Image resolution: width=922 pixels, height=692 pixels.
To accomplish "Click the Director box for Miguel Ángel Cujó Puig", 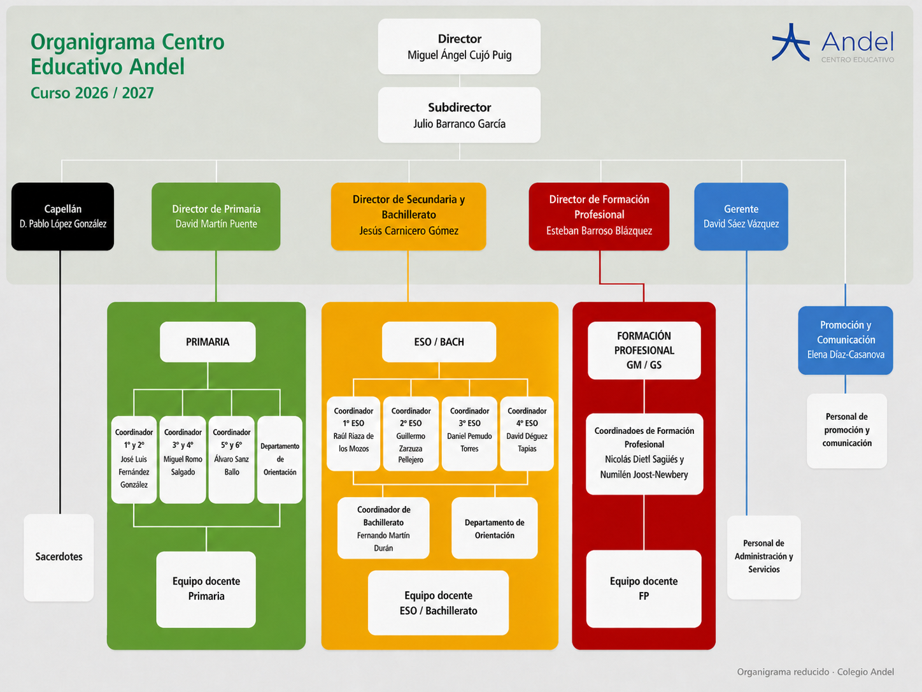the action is [x=459, y=47].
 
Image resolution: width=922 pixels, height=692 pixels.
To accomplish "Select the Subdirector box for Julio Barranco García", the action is [x=459, y=115].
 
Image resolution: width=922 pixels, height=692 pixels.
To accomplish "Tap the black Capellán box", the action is [x=62, y=217].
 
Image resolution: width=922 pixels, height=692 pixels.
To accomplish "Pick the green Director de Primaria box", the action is [x=216, y=217].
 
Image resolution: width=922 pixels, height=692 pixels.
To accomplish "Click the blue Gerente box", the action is [x=741, y=217].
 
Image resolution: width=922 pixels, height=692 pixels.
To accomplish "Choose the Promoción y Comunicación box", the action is [x=846, y=340].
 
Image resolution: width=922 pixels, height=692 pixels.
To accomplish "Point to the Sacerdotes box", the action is [x=59, y=558].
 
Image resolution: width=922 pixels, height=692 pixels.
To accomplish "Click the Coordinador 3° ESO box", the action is [x=469, y=433].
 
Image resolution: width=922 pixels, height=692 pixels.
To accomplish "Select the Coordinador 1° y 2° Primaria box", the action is [x=134, y=459].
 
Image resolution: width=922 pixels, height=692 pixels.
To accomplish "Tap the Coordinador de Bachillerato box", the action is [x=383, y=528].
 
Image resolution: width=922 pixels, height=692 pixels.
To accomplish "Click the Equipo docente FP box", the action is [x=644, y=589].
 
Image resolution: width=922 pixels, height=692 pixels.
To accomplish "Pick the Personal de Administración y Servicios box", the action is [x=763, y=557].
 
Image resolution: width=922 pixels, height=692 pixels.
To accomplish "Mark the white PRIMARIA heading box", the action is [x=208, y=342].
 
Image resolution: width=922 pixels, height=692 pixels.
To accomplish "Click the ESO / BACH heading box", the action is [x=439, y=342].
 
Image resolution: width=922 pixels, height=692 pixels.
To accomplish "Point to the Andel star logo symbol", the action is [x=791, y=43].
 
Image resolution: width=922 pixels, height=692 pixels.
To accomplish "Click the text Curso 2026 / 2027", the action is [x=92, y=93].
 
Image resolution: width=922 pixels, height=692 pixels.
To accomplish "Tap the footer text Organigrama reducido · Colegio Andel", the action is [x=815, y=672].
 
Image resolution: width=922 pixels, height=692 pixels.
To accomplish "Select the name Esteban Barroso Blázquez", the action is [x=599, y=231].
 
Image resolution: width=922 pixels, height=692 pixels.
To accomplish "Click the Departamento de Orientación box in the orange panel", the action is [x=494, y=528].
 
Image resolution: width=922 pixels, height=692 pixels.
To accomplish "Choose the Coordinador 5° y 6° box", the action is [x=231, y=459].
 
